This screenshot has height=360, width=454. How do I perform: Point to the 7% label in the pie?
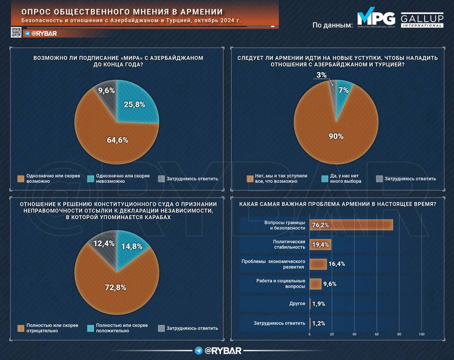343,90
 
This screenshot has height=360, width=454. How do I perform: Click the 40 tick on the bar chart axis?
354,334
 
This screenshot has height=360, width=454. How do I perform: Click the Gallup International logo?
422,20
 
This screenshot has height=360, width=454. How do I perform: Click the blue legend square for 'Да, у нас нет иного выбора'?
325,179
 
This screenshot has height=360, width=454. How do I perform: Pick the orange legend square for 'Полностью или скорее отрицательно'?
20,328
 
